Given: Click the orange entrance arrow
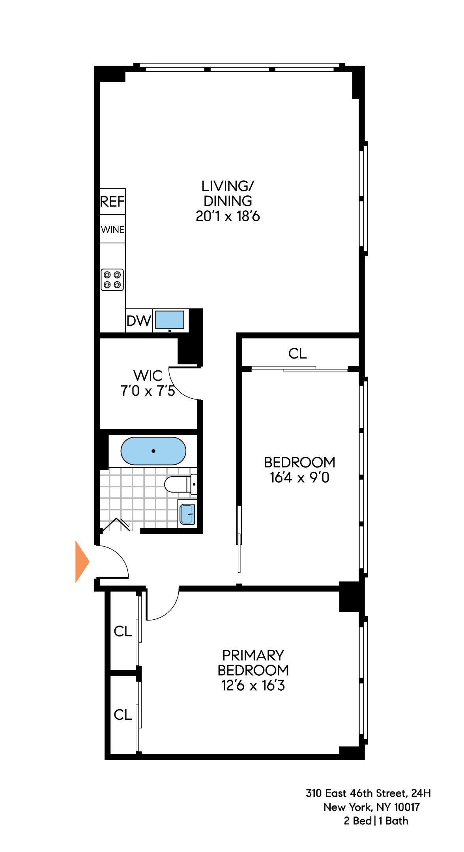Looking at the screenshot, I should point(82,562).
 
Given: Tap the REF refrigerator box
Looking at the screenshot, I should point(112,202).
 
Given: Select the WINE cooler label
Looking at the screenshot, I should point(112,230).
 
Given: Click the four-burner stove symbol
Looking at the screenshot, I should point(112,280).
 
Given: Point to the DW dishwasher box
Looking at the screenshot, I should point(139,321).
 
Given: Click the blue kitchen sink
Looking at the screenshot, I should point(170,320).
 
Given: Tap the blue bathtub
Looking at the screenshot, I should point(153,451).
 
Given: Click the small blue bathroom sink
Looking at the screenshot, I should point(187,514).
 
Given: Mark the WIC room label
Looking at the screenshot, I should point(148,376).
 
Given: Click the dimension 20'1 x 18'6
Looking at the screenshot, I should point(228,216).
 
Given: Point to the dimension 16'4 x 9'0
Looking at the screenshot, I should point(299,478).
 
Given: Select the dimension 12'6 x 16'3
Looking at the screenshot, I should point(253,686).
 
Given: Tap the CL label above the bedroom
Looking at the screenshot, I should point(297,353).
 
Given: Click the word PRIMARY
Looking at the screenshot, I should point(253,655).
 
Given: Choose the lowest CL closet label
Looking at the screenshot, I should point(123,714).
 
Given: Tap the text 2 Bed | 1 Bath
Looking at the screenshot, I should point(376,821).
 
